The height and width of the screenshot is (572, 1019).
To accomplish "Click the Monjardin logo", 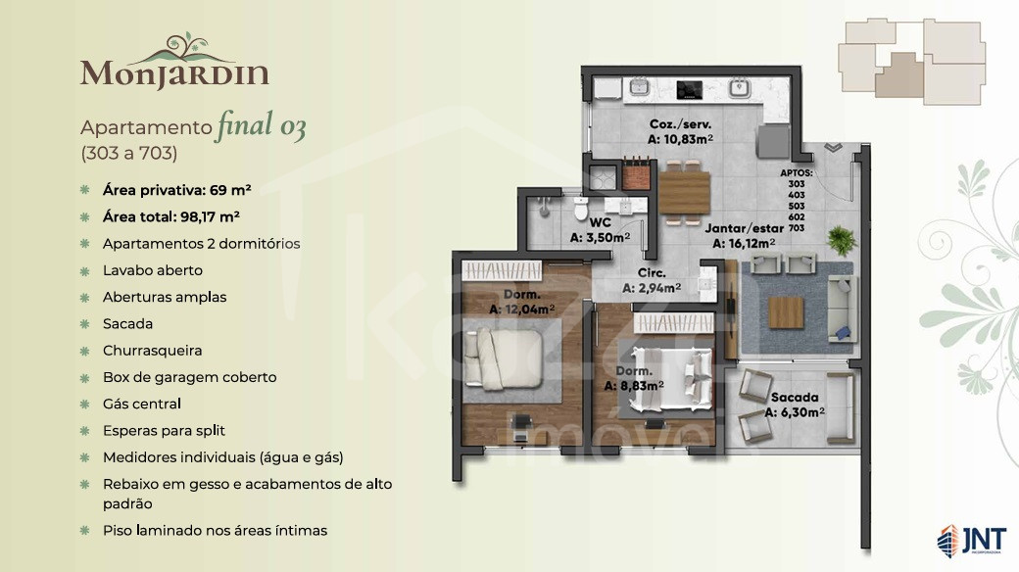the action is point(174,61).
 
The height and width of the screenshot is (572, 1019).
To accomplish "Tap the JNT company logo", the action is point(972,541).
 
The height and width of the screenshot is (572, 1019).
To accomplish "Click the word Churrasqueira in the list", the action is point(152,351).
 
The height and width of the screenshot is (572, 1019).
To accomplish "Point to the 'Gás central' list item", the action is point(142,404).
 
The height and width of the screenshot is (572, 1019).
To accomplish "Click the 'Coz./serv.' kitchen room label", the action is point(680,124).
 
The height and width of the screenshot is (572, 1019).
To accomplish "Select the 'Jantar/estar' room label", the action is point(744,229).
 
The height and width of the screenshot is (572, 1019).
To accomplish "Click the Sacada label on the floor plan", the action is point(795,397).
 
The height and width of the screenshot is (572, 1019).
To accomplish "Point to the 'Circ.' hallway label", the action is point(652,273).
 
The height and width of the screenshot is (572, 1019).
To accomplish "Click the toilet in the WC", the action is point(581,210).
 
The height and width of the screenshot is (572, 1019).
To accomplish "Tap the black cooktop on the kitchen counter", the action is point(690,90).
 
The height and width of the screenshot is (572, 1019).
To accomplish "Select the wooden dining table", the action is point(684,193).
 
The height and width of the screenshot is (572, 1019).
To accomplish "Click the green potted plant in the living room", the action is point(841,239).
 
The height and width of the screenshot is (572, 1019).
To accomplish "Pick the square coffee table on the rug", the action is point(787,312).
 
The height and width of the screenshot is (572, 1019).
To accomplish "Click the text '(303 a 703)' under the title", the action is point(128,154).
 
